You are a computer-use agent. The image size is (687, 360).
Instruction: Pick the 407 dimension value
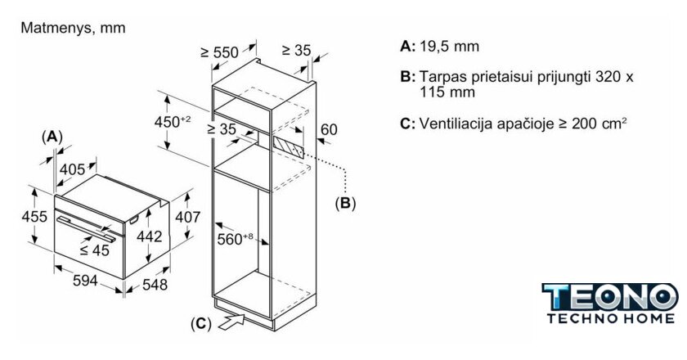click(188, 218)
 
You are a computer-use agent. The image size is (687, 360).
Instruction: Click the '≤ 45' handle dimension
click(95, 250)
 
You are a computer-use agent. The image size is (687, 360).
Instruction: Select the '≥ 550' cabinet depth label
click(219, 52)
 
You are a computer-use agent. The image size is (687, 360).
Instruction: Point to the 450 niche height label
click(173, 121)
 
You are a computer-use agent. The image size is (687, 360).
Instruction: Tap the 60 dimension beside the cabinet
click(328, 129)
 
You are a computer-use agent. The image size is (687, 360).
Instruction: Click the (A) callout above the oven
click(52, 136)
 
